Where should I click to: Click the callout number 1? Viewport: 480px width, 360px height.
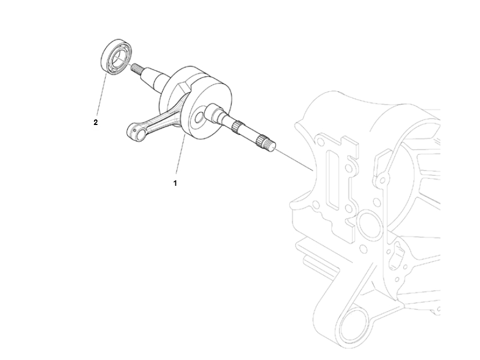tap(175, 183)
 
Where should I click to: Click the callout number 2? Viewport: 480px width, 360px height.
tap(96, 122)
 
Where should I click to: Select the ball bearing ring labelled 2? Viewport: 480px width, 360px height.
tap(116, 56)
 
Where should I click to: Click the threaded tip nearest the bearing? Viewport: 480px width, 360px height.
tap(135, 68)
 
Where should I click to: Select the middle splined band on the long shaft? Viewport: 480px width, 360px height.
tap(236, 127)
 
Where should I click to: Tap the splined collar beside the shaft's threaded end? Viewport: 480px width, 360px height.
tap(261, 141)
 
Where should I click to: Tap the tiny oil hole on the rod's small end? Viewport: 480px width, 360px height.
tap(135, 131)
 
